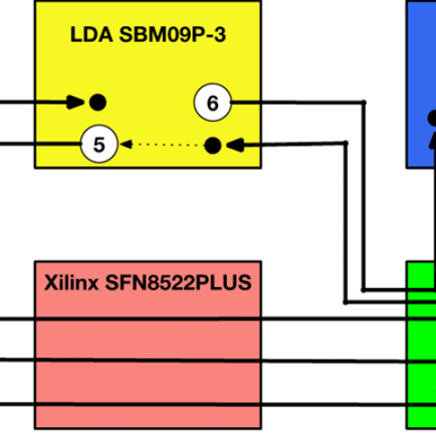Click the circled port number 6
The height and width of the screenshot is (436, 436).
[213, 103]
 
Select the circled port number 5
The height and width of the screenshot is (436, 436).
[99, 144]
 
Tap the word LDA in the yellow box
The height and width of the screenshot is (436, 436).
[92, 35]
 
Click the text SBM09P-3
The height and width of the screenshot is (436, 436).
[173, 35]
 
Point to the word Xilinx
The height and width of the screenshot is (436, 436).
[72, 283]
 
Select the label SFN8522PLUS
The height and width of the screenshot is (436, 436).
[178, 283]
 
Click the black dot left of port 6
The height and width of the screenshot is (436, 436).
[98, 102]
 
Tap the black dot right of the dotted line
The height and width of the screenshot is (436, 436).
[213, 146]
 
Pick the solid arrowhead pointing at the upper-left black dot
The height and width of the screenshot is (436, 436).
[76, 102]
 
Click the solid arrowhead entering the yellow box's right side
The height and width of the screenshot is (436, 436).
[235, 145]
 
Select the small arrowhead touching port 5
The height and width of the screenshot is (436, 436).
[126, 144]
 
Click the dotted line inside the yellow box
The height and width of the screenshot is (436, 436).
[168, 145]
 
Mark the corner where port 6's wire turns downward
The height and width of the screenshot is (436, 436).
[364, 102]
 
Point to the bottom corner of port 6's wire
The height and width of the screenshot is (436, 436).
[364, 290]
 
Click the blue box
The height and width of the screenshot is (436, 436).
[421, 85]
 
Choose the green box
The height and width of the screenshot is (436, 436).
[421, 345]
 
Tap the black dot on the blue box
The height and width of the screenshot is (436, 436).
[433, 118]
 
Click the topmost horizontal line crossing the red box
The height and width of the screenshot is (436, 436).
[218, 319]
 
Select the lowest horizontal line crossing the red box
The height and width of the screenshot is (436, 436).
[218, 405]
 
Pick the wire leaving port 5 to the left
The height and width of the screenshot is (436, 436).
[40, 144]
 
